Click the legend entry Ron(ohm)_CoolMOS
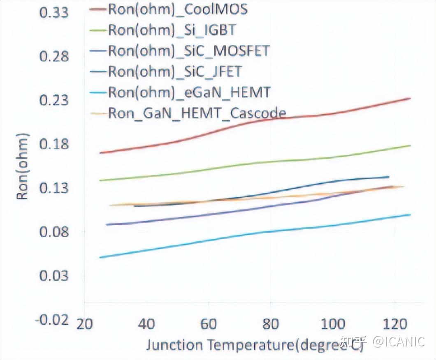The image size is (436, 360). tap(178, 9)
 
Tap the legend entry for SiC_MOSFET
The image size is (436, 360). tap(188, 51)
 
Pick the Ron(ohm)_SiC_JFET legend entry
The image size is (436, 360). tap(174, 72)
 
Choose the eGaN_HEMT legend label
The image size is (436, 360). tap(189, 92)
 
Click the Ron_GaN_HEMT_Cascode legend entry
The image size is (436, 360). tap(197, 113)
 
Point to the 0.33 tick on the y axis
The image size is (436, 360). tap(53, 13)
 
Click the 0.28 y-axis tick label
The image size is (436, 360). tap(53, 56)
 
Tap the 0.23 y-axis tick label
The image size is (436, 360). tap(53, 101)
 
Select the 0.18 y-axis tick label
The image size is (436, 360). tap(53, 145)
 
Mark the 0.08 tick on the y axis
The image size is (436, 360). tap(53, 232)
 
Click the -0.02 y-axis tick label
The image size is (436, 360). tap(52, 319)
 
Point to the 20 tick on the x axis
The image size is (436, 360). tap(84, 324)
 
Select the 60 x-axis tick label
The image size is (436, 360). tap(209, 324)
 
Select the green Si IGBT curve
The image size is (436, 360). tap(247, 165)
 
